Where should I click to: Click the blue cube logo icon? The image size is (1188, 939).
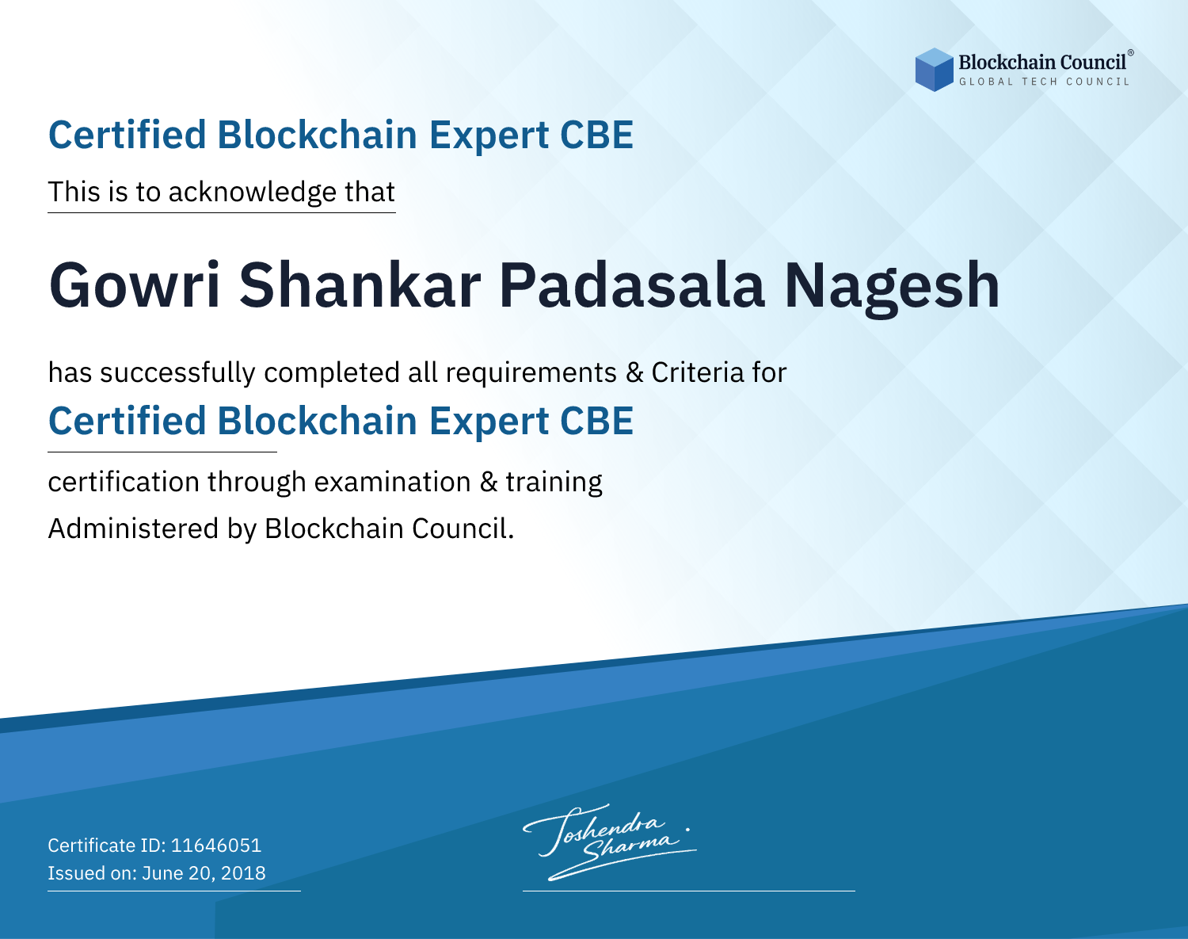(934, 70)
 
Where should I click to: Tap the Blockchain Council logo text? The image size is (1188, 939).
(1042, 62)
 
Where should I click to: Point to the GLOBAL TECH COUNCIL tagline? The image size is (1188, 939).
(1044, 82)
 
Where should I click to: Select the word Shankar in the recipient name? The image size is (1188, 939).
(360, 285)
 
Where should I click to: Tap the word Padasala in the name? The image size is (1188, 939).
(632, 285)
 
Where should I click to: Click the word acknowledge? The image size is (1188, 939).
(253, 193)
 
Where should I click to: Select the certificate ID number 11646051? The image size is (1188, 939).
(216, 845)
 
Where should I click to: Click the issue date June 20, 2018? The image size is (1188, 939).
(204, 872)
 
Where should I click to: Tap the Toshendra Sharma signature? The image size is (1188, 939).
(608, 842)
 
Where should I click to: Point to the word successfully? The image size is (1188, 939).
(177, 373)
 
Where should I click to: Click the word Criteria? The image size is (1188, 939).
(697, 372)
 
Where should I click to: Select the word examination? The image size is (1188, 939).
(392, 482)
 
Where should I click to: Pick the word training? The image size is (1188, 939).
(554, 483)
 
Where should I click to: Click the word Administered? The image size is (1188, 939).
(133, 529)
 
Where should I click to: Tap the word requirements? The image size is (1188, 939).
(531, 373)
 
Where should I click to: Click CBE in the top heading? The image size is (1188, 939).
(596, 136)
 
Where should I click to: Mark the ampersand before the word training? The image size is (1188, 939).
(488, 483)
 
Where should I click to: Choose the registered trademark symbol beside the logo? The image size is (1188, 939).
(1130, 52)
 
